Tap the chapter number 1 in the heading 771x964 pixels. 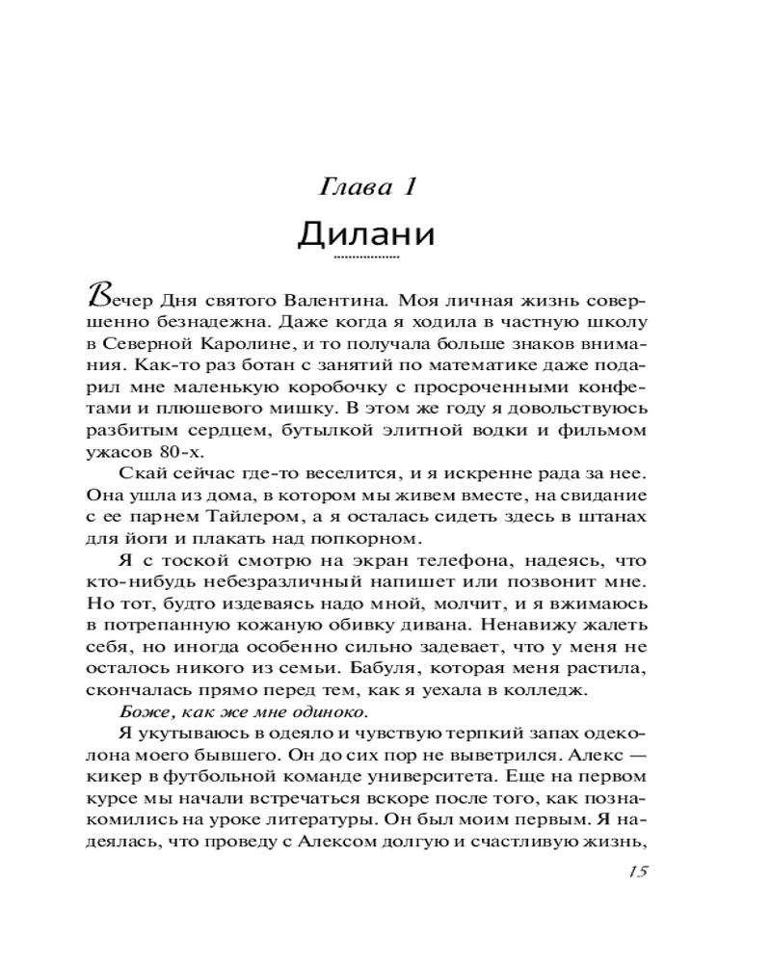409,187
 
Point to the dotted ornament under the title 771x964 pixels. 365,258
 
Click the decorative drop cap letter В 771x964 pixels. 97,293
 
